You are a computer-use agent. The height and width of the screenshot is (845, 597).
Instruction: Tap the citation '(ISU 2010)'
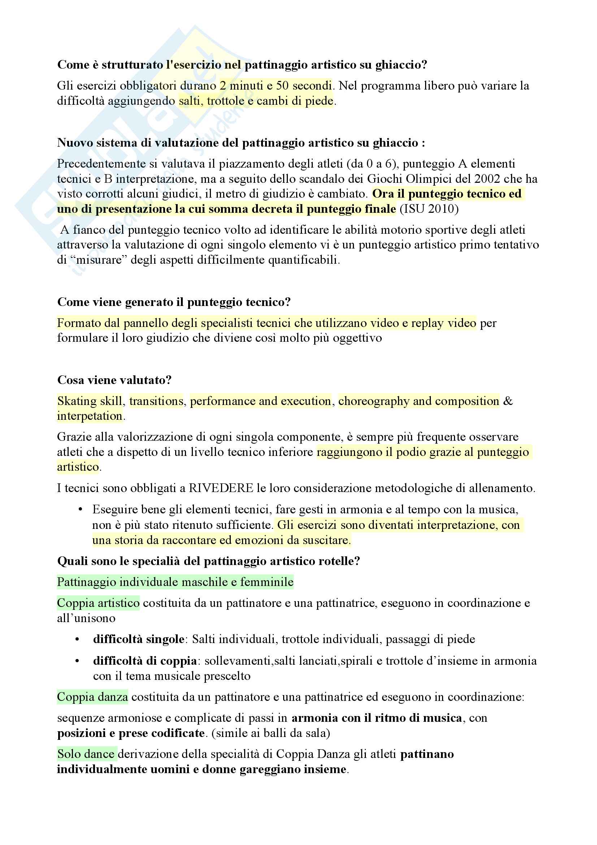click(x=429, y=209)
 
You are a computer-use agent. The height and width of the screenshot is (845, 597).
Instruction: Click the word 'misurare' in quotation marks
click(x=99, y=260)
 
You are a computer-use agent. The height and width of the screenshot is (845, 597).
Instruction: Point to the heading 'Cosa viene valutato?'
click(x=114, y=380)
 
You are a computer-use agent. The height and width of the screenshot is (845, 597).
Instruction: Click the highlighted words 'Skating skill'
click(x=90, y=401)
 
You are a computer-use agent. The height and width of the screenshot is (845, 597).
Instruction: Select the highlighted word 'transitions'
click(x=156, y=401)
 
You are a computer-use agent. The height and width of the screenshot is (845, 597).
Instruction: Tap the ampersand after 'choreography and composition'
click(x=508, y=401)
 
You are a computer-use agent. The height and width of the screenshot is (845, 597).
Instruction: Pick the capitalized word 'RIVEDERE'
click(x=221, y=488)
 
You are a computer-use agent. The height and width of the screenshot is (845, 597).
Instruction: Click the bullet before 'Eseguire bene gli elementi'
click(x=80, y=509)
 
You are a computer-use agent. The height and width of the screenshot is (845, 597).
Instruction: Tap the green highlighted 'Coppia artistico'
click(x=98, y=603)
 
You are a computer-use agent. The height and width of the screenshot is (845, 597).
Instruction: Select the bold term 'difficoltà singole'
click(x=139, y=639)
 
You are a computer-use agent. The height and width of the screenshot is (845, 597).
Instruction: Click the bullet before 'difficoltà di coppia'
click(x=77, y=661)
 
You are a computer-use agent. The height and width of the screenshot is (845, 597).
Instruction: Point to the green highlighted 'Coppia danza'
click(x=92, y=697)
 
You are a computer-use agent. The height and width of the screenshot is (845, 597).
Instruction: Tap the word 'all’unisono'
click(x=86, y=618)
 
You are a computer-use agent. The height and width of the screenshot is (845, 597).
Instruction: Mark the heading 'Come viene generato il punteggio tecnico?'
click(x=174, y=302)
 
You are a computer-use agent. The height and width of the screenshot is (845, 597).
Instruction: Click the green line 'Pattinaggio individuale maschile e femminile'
click(x=175, y=582)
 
